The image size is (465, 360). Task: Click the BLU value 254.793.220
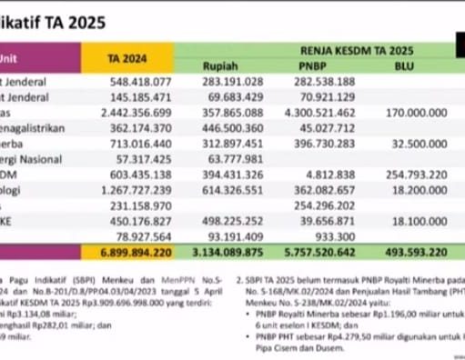407,175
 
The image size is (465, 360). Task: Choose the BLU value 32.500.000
410,145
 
